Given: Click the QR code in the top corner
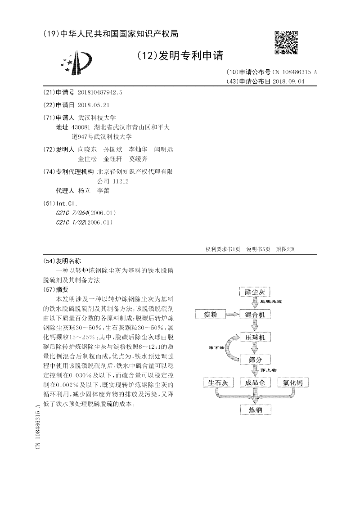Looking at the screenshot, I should pos(286,43).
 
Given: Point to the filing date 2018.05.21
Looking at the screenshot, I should pos(94,105).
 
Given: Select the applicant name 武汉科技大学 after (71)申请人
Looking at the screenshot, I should pos(97,117).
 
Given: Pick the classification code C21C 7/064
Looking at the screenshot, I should pos(72,212).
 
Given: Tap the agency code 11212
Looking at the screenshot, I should pos(119,181).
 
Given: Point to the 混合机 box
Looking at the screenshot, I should pos(255,314).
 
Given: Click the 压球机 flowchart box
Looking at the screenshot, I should pos(255,337).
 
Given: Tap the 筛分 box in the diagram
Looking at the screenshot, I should pos(255,359).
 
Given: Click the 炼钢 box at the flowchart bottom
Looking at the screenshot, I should pos(255,410).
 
